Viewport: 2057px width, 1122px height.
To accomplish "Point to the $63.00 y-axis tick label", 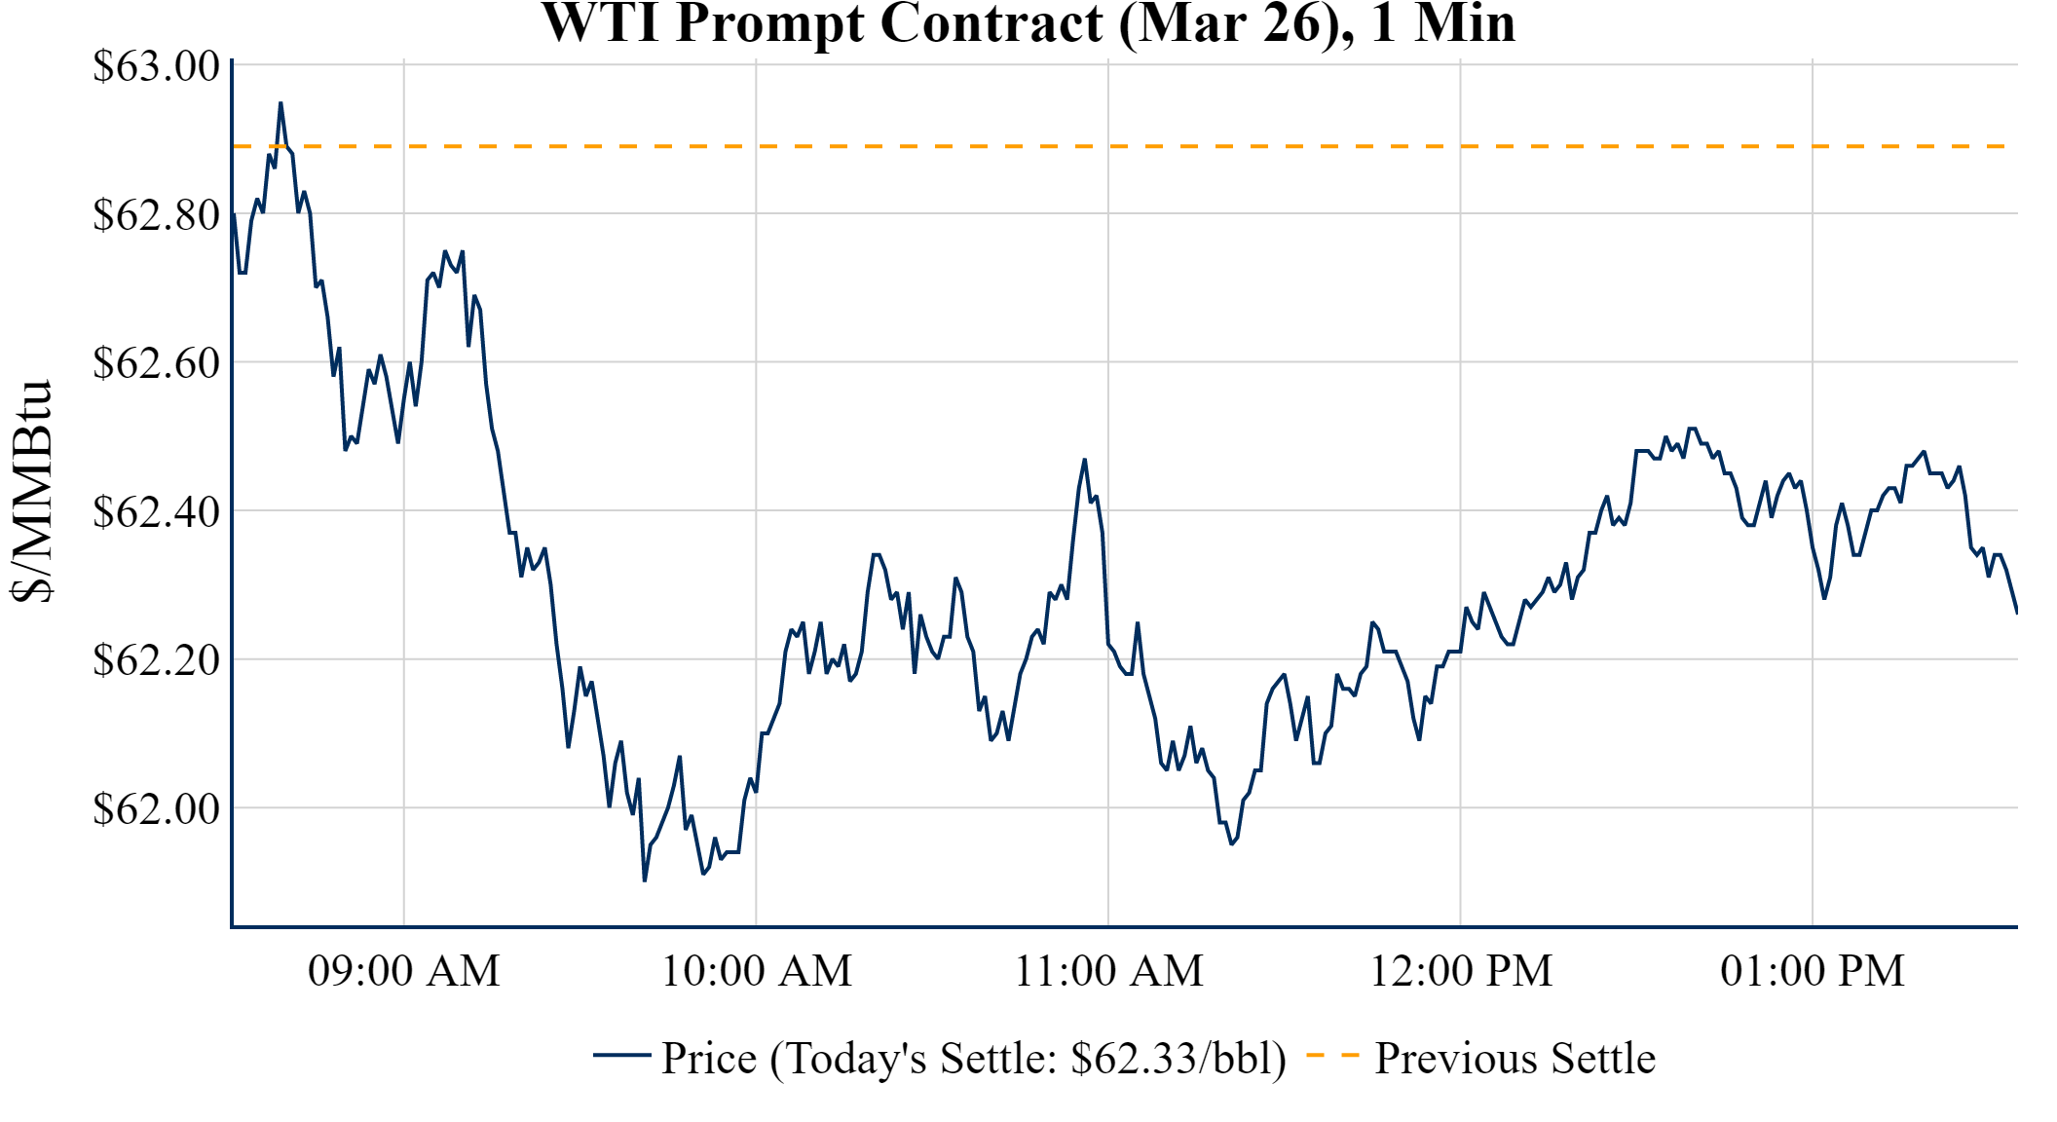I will coord(156,66).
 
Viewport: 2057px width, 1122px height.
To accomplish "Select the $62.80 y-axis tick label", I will coord(156,214).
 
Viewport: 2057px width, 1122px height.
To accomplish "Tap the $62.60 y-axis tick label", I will coord(156,362).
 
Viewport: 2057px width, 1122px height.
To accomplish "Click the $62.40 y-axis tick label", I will coord(156,511).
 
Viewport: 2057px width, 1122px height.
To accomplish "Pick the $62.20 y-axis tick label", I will coord(156,659).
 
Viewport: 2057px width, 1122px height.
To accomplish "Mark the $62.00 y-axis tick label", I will coord(156,808).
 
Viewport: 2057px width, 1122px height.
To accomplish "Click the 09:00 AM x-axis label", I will coord(404,971).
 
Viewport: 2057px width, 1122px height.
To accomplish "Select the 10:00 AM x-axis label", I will coord(757,971).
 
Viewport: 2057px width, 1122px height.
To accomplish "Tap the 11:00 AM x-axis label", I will coord(1108,971).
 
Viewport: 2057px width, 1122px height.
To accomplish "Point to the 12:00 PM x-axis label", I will coord(1461,971).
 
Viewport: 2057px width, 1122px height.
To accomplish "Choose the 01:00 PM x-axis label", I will coord(1813,971).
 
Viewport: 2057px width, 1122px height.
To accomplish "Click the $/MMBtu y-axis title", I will coord(31,492).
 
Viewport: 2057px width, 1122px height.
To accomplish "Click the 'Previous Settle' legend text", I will coord(1515,1059).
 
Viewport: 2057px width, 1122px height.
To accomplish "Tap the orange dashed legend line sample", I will coord(1332,1056).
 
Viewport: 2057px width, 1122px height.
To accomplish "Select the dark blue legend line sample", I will coord(621,1056).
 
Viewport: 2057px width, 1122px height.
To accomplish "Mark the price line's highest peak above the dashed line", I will coord(280,103).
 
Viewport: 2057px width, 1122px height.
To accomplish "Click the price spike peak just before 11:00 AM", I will coord(1084,460).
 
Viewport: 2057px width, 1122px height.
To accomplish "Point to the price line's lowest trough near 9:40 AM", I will coord(645,880).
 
